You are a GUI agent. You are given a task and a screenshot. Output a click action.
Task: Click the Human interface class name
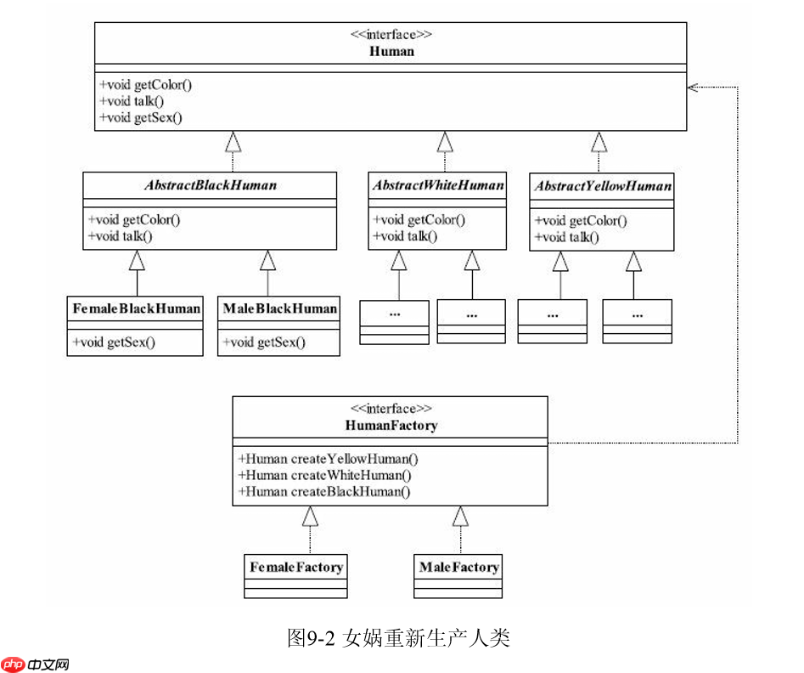(x=391, y=51)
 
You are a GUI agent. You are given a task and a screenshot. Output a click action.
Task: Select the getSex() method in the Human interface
(x=141, y=118)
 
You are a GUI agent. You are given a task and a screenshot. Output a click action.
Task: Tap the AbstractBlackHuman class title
(x=210, y=184)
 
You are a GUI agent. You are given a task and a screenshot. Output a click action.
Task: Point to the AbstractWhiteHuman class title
(x=437, y=184)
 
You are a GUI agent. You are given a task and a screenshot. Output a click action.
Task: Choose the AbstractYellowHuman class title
(x=602, y=185)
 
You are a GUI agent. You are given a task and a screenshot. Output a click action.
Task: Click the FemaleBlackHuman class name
(x=135, y=308)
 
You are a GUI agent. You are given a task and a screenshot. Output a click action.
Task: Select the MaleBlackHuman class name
(x=279, y=308)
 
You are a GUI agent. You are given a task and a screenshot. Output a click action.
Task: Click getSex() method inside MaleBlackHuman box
(x=264, y=342)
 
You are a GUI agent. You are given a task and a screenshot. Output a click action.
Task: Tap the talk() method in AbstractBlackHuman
(x=120, y=235)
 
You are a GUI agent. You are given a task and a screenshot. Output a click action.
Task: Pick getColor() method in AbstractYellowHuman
(x=581, y=221)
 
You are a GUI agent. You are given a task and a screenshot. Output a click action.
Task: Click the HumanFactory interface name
(x=391, y=425)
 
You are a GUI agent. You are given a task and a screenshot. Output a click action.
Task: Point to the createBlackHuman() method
(x=325, y=491)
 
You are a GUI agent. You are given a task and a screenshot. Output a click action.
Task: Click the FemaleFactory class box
(x=296, y=574)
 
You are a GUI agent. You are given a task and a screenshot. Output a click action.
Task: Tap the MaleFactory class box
(x=458, y=574)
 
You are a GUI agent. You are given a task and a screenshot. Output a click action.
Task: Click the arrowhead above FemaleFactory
(x=311, y=516)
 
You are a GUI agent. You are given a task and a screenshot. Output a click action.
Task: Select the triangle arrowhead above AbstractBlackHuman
(x=233, y=141)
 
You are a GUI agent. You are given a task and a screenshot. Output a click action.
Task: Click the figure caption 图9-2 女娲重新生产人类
(x=398, y=638)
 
